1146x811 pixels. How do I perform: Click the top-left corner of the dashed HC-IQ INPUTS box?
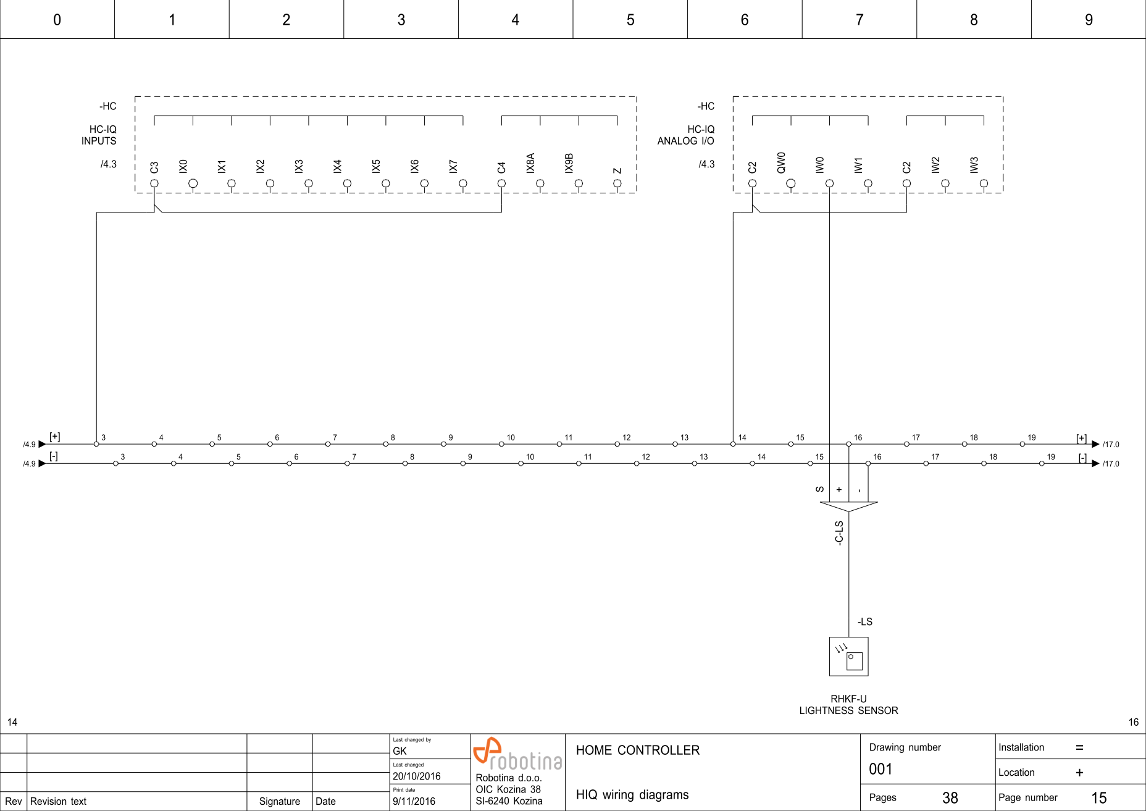(x=135, y=97)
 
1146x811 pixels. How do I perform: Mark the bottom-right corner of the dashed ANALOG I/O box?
(x=1003, y=193)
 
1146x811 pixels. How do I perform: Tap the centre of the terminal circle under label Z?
(x=617, y=183)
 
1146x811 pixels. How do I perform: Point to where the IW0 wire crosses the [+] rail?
(x=829, y=444)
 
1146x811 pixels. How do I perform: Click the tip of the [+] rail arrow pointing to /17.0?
(x=1100, y=444)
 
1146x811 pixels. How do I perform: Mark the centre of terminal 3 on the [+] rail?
(x=96, y=444)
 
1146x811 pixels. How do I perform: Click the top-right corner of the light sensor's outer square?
(x=868, y=637)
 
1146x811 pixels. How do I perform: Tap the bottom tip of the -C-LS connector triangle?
(x=849, y=512)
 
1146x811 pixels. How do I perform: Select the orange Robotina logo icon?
(x=487, y=750)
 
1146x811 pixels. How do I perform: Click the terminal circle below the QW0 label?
(x=791, y=183)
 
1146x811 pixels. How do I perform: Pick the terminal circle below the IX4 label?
(x=347, y=183)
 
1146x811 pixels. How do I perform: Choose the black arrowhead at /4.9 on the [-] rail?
(x=42, y=463)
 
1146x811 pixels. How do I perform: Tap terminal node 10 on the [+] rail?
(x=501, y=444)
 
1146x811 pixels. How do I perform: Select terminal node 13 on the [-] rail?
(x=695, y=463)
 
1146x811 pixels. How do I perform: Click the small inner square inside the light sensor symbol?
(x=855, y=661)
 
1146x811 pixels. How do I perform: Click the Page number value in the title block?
(x=1099, y=798)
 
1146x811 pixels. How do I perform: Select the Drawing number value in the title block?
(x=880, y=770)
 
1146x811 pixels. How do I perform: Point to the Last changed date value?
(x=417, y=776)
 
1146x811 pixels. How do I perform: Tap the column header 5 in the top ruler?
(x=630, y=20)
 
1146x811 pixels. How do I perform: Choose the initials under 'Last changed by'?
(x=399, y=751)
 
